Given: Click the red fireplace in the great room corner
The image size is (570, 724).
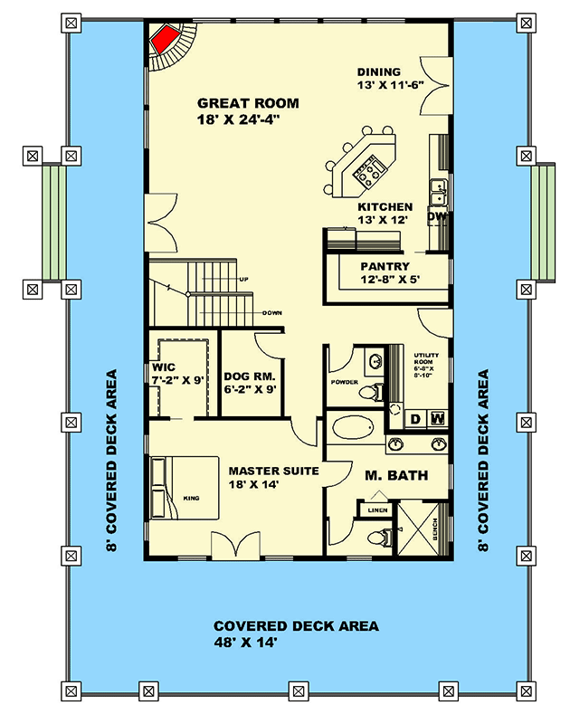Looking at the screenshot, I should tap(164, 40).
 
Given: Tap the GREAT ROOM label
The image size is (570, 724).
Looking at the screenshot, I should tap(248, 103).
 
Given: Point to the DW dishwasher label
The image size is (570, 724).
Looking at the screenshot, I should tap(437, 217).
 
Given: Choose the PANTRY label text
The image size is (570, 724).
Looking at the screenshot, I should tap(386, 266).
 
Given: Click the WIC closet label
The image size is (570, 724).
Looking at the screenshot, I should tap(163, 368).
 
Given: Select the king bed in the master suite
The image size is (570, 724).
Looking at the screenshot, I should tap(181, 491).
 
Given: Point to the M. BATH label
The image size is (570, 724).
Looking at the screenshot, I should tap(396, 476).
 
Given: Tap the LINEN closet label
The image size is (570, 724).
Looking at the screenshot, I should tap(378, 511).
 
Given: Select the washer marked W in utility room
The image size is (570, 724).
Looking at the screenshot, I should tap(438, 418).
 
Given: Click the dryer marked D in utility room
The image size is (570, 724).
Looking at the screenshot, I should tap(415, 418).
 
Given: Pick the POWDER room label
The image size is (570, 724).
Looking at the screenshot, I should tap(345, 382).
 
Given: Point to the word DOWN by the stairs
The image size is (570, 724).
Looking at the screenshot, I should tap(272, 312).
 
